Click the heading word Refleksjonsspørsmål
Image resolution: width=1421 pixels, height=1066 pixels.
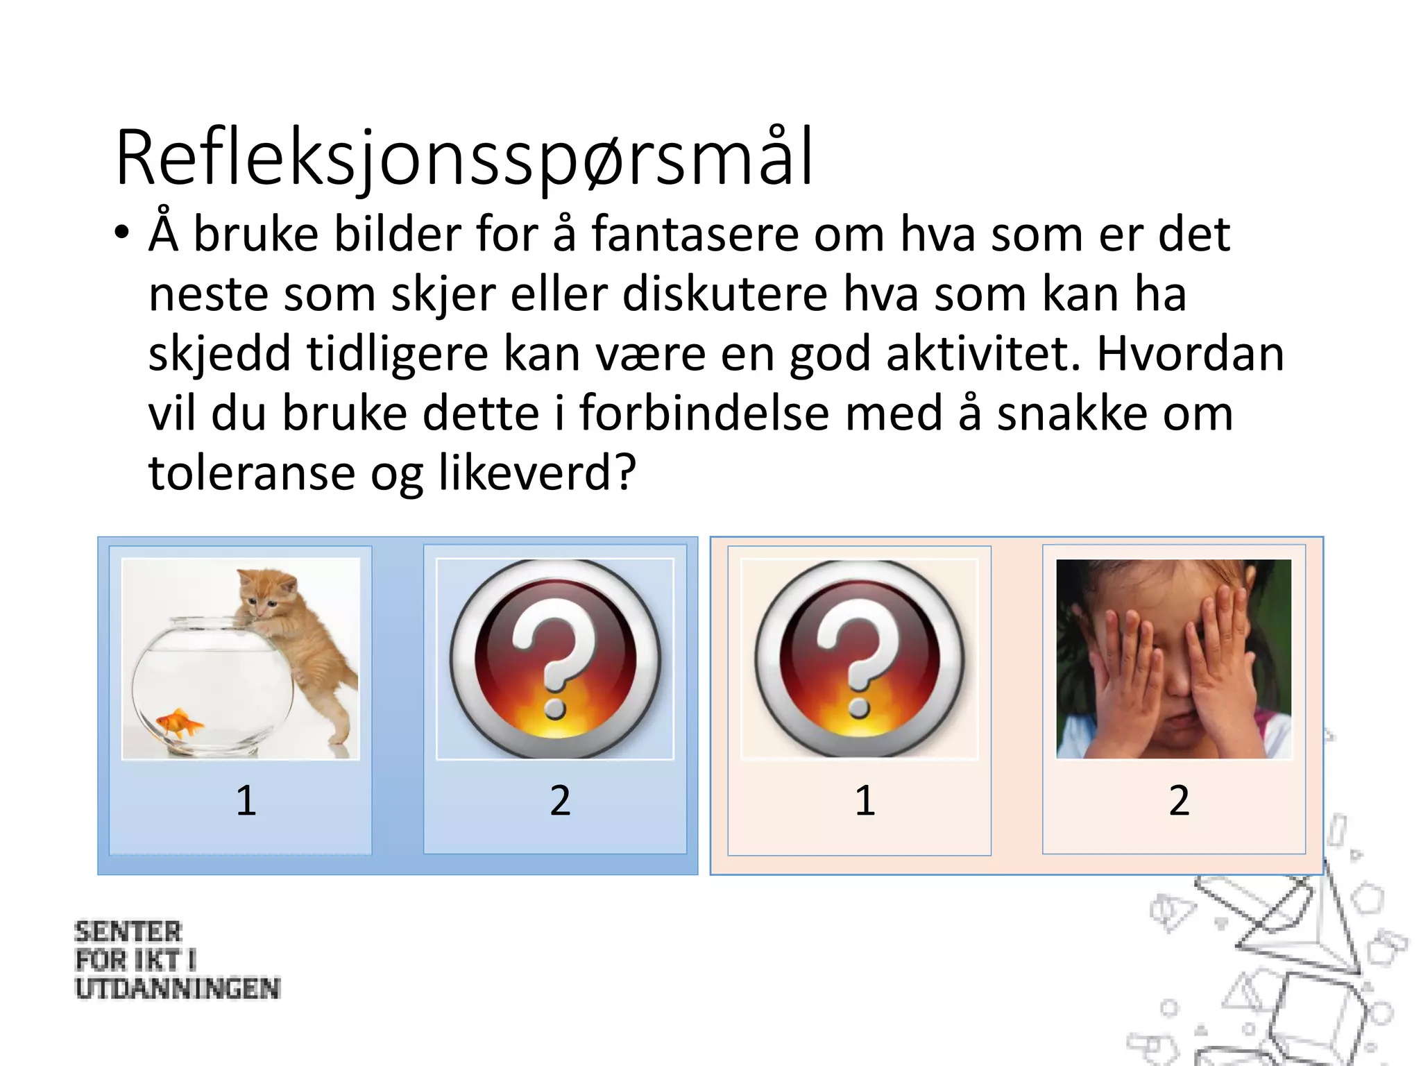[463, 158]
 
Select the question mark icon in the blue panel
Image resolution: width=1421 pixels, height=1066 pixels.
[555, 658]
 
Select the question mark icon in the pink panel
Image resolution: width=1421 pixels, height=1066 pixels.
[860, 658]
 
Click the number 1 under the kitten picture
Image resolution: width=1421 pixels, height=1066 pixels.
[246, 800]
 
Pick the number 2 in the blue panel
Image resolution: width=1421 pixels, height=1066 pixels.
[560, 800]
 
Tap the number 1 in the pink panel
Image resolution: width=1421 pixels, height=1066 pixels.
[864, 800]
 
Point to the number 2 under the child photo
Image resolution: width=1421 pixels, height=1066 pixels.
[1179, 800]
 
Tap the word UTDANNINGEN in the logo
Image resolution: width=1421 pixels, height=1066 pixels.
[178, 989]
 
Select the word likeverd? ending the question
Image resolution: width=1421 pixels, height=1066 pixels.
[537, 473]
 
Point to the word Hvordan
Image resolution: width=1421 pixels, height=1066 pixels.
[1190, 354]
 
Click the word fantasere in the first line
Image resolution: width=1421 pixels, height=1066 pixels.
[695, 235]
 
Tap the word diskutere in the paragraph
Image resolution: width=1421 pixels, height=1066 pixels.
[724, 294]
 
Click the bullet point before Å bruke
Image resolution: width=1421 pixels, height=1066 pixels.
[122, 233]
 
